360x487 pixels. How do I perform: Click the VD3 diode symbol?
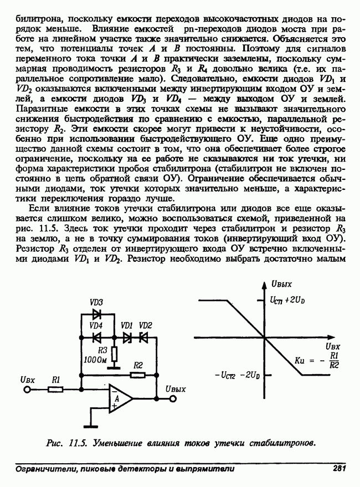pos(97,313)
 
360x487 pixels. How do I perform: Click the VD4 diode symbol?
pos(97,336)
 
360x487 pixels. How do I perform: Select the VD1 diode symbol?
pos(127,336)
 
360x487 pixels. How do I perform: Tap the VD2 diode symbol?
pos(145,336)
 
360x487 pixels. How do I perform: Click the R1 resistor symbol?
pos(55,390)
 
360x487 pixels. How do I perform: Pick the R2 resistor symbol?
pos(138,375)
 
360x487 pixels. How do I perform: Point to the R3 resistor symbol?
pos(114,353)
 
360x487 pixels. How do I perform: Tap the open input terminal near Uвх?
pos(26,390)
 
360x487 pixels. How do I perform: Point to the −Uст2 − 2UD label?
pos(237,376)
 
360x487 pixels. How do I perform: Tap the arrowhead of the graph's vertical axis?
pos(263,283)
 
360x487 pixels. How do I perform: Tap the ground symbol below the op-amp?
pos(88,425)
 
